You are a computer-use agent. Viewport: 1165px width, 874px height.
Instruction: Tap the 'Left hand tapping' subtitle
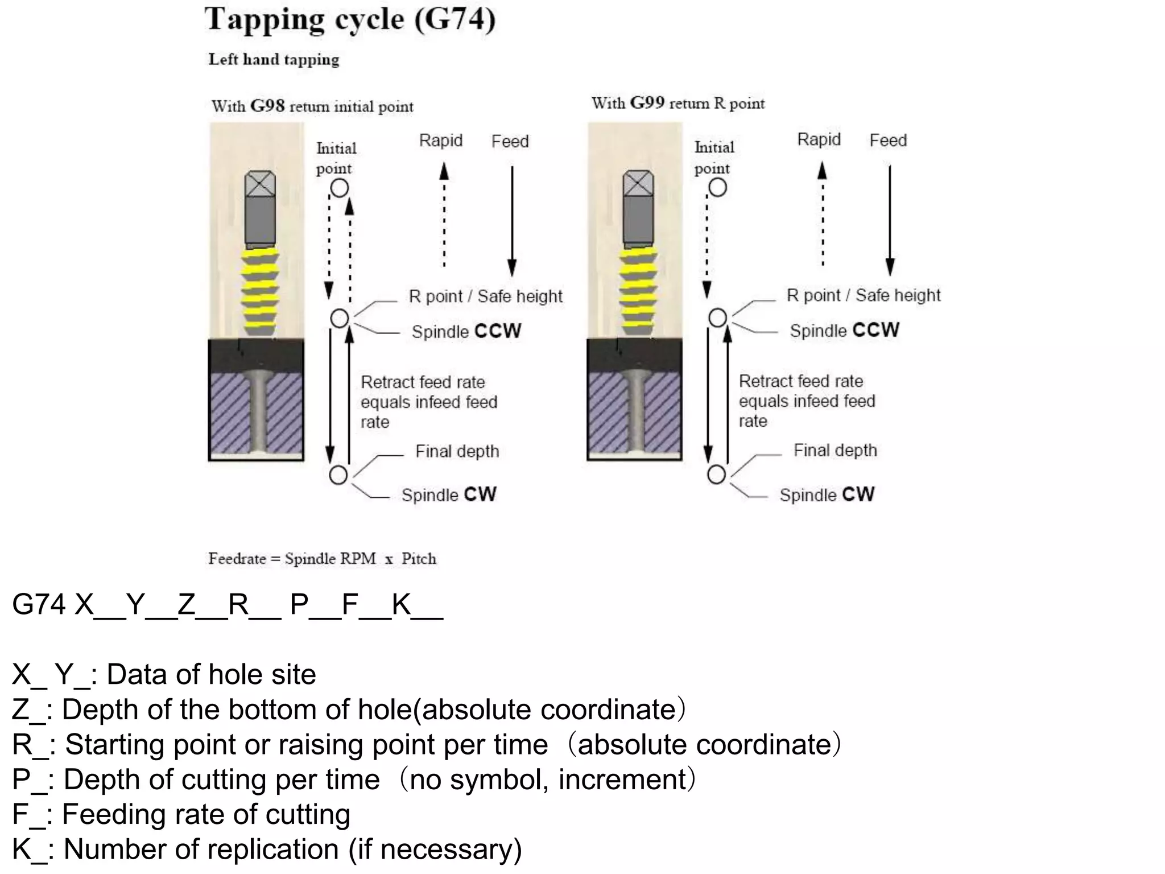pos(274,60)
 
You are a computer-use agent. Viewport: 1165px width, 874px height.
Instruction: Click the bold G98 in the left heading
pos(267,106)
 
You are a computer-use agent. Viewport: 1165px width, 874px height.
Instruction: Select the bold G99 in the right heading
pos(647,103)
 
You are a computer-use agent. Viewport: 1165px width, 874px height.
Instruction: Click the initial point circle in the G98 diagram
pos(340,188)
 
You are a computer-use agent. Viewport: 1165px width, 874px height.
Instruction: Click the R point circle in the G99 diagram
pos(718,318)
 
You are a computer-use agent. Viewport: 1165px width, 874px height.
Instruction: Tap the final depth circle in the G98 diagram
pos(338,475)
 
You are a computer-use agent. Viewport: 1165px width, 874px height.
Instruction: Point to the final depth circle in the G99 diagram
pos(717,474)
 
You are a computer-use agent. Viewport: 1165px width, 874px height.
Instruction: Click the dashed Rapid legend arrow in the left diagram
pos(444,216)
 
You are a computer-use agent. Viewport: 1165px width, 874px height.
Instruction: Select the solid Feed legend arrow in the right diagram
pos(890,219)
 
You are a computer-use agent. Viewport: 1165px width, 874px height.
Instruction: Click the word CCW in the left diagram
pos(498,331)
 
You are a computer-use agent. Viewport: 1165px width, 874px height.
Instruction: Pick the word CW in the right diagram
pos(858,494)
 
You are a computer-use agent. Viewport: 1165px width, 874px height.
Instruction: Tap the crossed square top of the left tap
pos(261,185)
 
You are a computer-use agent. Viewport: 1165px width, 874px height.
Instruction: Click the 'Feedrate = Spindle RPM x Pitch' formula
pos(322,559)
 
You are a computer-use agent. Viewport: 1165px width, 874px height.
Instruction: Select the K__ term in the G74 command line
pos(417,604)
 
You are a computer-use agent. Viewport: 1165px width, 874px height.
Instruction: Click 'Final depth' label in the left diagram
pos(457,451)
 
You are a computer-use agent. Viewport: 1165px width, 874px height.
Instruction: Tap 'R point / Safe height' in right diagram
pos(864,295)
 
